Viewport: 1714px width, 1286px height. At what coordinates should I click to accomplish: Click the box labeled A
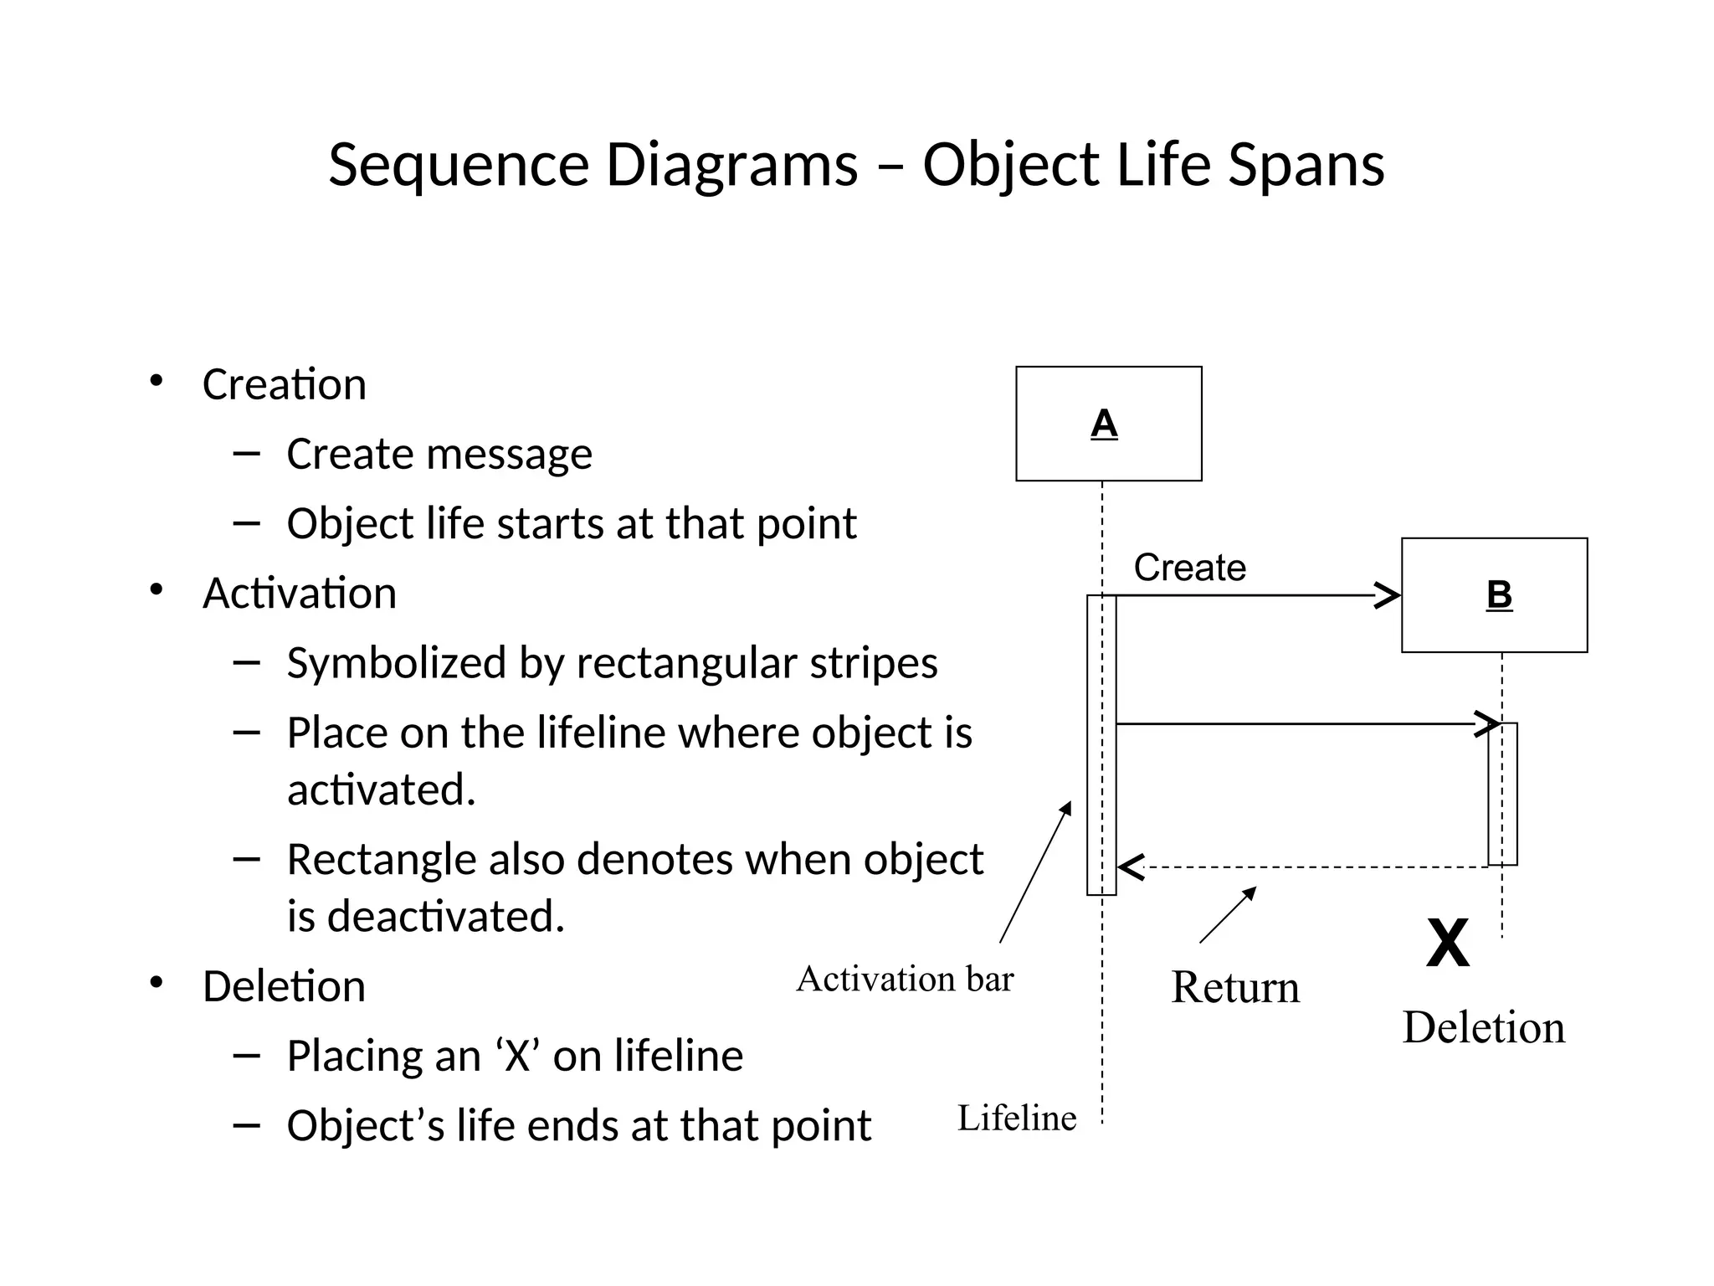point(1108,424)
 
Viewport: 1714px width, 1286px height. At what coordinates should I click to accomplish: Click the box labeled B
point(1494,595)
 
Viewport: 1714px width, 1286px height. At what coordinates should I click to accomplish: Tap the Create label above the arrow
point(1189,568)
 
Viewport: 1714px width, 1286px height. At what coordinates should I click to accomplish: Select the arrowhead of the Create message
point(1389,596)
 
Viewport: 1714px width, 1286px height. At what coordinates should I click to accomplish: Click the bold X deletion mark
point(1447,944)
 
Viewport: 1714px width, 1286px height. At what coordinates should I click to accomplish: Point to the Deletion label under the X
point(1483,1027)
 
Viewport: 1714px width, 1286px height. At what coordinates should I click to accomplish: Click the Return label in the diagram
point(1234,987)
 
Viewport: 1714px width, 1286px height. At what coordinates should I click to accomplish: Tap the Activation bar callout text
point(905,979)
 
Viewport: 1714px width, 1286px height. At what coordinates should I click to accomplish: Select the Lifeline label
point(1017,1119)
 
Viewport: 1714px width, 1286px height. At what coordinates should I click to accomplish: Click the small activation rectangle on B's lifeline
point(1502,794)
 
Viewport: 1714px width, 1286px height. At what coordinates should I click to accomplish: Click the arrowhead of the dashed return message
point(1130,867)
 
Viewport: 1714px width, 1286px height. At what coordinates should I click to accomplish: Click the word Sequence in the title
point(459,165)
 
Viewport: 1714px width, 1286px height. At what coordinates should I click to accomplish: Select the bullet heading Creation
point(285,385)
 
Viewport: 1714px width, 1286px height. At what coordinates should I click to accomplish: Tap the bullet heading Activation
point(299,594)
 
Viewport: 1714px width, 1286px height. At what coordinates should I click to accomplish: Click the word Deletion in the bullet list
point(284,986)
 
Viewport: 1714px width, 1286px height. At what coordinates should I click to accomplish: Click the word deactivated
point(445,916)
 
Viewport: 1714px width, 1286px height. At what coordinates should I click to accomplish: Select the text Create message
point(439,455)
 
